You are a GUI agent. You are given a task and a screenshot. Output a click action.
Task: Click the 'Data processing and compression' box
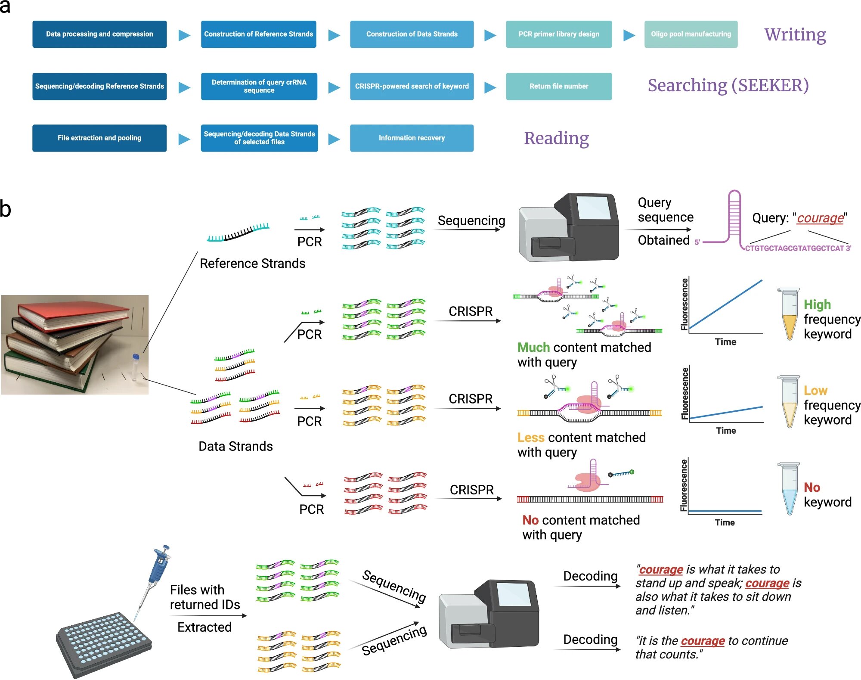tap(99, 34)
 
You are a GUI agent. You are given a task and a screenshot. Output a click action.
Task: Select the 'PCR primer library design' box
tap(559, 34)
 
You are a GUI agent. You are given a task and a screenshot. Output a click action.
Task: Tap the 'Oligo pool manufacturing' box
tap(691, 34)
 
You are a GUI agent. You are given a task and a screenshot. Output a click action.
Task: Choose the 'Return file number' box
tap(559, 86)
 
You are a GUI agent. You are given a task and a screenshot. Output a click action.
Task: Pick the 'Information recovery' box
tap(412, 138)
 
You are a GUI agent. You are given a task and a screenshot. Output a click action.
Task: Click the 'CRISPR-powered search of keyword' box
tap(412, 86)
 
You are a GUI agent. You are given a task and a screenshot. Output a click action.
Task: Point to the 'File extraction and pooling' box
tap(99, 138)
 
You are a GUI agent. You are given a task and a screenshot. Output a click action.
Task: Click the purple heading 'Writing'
tap(795, 34)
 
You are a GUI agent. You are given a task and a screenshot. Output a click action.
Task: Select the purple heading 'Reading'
tap(556, 138)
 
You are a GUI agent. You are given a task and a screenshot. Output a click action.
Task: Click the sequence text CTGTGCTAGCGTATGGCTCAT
tap(795, 248)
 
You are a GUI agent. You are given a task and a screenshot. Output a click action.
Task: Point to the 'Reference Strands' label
tap(252, 263)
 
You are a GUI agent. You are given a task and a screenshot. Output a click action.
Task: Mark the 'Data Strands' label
tap(235, 446)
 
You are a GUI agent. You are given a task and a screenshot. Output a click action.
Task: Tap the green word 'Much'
tap(533, 348)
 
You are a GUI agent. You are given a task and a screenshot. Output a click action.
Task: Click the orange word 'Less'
tap(531, 438)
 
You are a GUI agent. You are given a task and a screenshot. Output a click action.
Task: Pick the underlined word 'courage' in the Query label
tap(820, 218)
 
